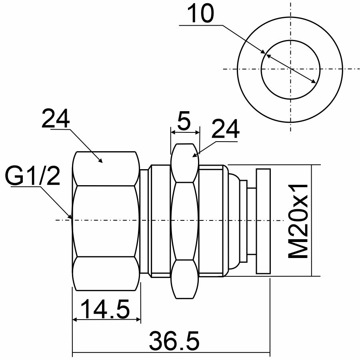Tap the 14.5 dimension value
point(105,309)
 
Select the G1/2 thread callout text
point(32,176)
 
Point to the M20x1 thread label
point(298,221)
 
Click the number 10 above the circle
point(200,13)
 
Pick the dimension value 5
point(184,120)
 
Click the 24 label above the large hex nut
point(56,118)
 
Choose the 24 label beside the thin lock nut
point(226,129)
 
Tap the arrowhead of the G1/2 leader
point(70,216)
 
